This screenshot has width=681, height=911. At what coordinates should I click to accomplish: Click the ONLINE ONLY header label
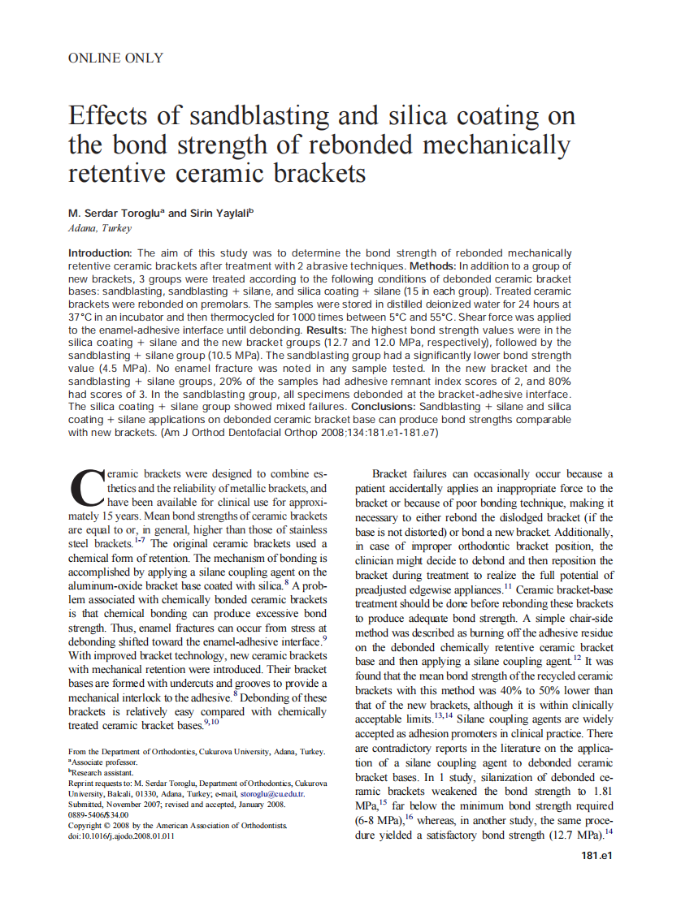click(x=115, y=58)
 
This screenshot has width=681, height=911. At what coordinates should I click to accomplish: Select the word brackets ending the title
click(x=316, y=173)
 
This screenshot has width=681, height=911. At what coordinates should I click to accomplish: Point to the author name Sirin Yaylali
click(x=221, y=214)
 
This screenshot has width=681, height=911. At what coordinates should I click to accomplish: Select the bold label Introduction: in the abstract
click(x=100, y=253)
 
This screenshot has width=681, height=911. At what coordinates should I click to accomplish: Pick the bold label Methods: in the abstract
click(x=432, y=266)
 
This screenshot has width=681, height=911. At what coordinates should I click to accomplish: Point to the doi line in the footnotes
click(x=121, y=835)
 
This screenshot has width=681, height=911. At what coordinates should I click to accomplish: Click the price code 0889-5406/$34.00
click(x=98, y=814)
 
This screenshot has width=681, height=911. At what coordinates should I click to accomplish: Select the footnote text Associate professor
click(x=104, y=763)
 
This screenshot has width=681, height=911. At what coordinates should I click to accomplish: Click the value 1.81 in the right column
click(x=597, y=792)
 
